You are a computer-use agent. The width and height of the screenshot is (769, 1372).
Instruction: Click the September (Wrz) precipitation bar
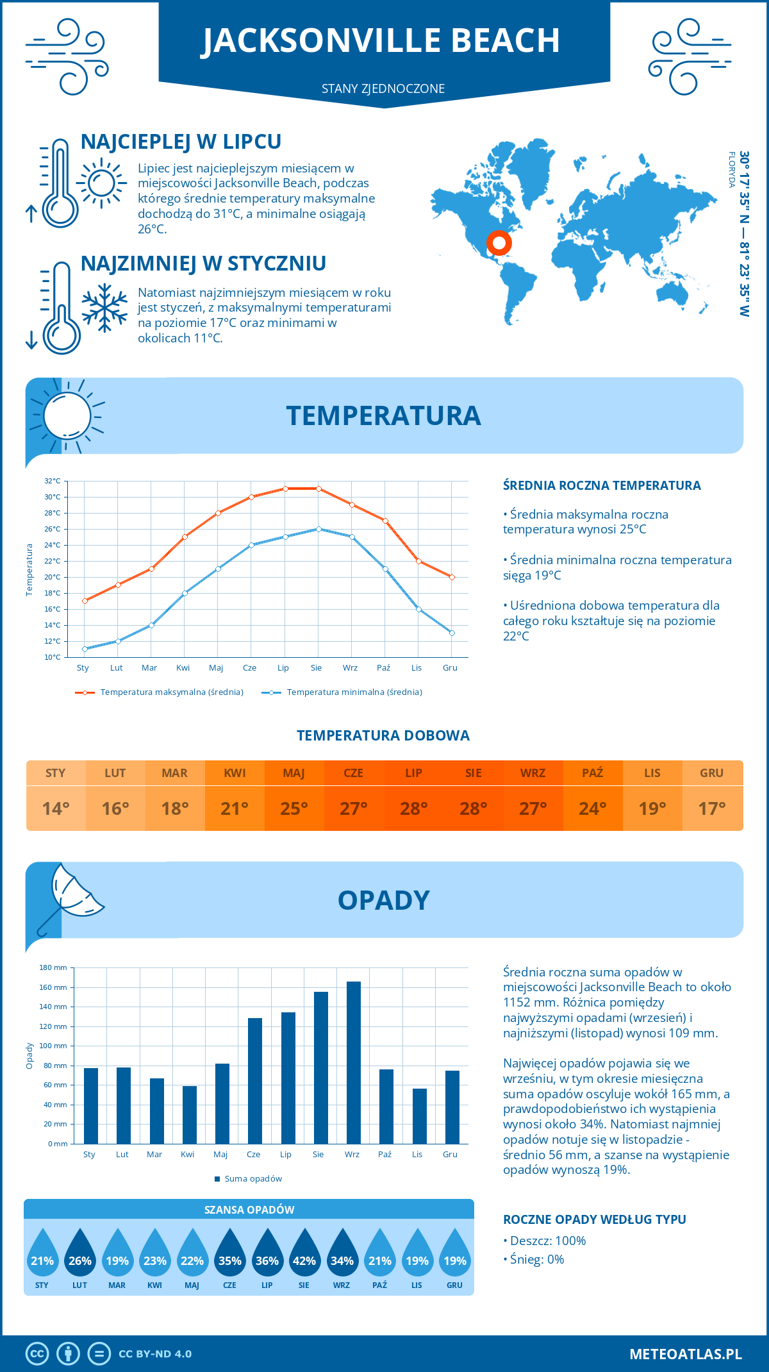pyautogui.click(x=354, y=1062)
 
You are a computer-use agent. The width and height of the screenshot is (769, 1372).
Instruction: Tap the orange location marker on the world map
pyautogui.click(x=499, y=243)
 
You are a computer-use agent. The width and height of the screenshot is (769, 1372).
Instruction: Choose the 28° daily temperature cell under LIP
pyautogui.click(x=413, y=808)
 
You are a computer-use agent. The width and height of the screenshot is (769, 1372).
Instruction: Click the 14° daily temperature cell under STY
pyautogui.click(x=56, y=808)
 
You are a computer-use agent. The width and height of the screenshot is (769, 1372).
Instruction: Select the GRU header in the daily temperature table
pyautogui.click(x=711, y=773)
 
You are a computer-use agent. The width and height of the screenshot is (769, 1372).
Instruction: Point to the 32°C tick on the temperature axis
pyautogui.click(x=53, y=481)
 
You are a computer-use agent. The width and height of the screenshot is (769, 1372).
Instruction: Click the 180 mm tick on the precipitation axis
pyautogui.click(x=54, y=967)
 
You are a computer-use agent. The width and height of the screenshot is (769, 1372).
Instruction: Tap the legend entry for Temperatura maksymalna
pyautogui.click(x=160, y=692)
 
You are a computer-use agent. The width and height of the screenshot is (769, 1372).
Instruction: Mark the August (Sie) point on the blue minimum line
pyautogui.click(x=318, y=529)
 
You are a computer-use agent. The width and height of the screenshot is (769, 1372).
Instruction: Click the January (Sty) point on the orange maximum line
pyautogui.click(x=85, y=601)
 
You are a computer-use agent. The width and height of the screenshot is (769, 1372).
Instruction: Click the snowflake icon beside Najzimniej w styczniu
pyautogui.click(x=104, y=308)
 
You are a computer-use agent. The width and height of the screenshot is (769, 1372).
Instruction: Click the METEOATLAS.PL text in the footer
pyautogui.click(x=685, y=1354)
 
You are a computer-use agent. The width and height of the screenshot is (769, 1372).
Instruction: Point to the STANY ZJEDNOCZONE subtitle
pyautogui.click(x=383, y=88)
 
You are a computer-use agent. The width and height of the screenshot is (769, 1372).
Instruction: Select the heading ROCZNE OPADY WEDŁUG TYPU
pyautogui.click(x=594, y=1219)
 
